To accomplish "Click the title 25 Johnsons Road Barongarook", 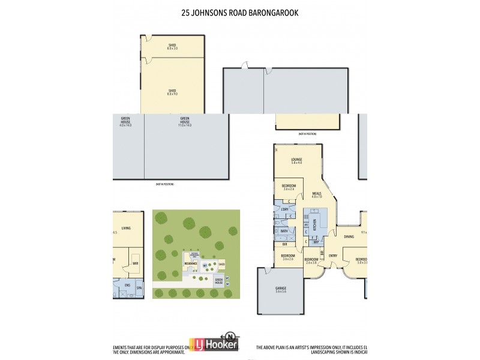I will pyautogui.click(x=239, y=11).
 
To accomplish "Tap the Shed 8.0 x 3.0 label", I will pyautogui.click(x=172, y=46).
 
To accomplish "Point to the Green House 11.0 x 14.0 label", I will pyautogui.click(x=185, y=122).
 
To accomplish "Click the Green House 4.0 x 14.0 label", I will pyautogui.click(x=125, y=122).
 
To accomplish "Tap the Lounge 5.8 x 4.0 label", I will pyautogui.click(x=296, y=161).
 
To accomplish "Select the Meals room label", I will pyautogui.click(x=317, y=194).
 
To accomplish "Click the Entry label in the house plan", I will pyautogui.click(x=333, y=255).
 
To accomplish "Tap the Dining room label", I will pyautogui.click(x=349, y=236).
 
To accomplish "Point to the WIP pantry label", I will pyautogui.click(x=316, y=242).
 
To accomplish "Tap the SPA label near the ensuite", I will pyautogui.click(x=139, y=287).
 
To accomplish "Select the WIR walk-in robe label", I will pyautogui.click(x=135, y=263).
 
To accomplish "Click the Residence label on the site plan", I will pyautogui.click(x=191, y=263).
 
